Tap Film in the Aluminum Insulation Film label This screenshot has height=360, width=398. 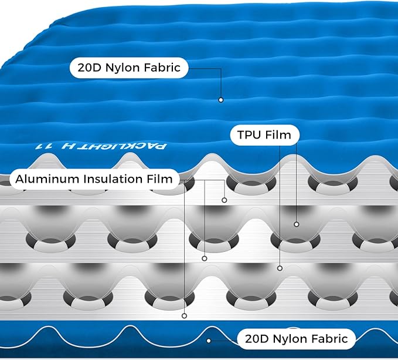[160, 179]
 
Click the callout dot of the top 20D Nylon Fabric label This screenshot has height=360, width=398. [221, 100]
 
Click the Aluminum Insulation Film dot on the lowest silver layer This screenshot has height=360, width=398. [184, 316]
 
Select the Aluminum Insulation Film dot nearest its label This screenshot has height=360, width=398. [224, 200]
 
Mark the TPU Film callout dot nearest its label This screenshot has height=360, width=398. [297, 224]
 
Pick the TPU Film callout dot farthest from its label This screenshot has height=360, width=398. [280, 268]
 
